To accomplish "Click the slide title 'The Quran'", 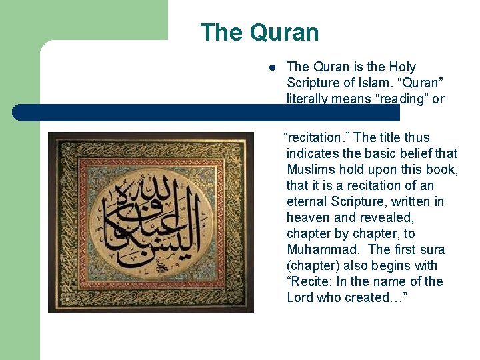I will (x=259, y=33).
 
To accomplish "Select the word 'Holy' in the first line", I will (x=403, y=67).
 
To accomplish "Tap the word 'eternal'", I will (x=309, y=201).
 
